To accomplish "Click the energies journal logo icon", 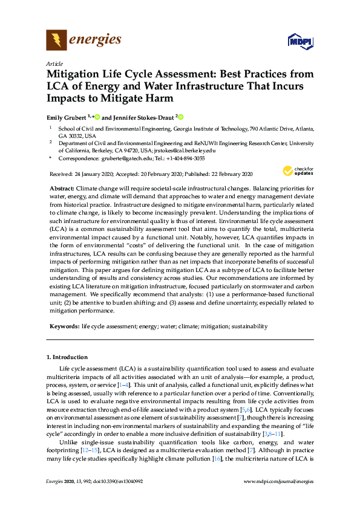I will point(57,41).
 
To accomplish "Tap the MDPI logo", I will point(301,41).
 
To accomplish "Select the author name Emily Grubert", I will point(67,117).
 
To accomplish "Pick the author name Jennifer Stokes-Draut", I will point(143,117).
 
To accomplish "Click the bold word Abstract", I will point(62,189).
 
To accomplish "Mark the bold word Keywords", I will point(64,326).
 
